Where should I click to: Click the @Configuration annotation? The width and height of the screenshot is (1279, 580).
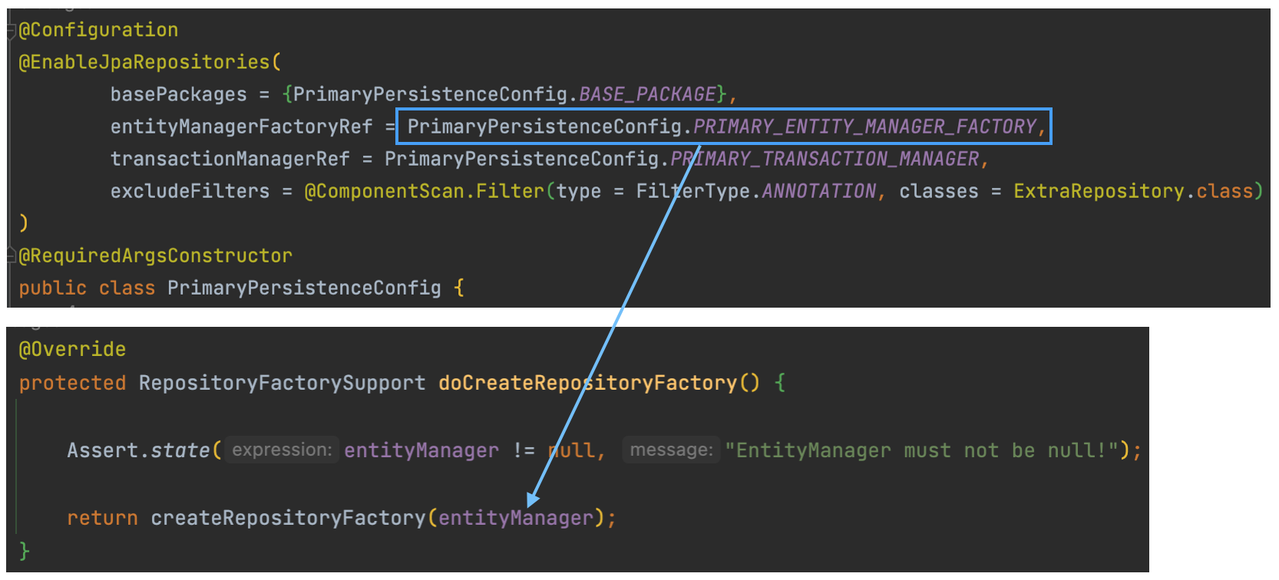[x=98, y=30]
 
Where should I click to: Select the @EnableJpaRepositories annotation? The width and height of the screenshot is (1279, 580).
[x=144, y=62]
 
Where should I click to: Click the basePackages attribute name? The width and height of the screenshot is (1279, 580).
[x=178, y=94]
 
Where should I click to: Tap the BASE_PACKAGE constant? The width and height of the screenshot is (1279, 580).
[x=647, y=94]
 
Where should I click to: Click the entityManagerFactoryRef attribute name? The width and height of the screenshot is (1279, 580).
[x=241, y=127]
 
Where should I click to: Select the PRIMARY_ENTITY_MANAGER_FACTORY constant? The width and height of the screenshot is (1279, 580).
[x=865, y=127]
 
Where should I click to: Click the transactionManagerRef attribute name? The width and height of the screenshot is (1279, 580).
[x=230, y=159]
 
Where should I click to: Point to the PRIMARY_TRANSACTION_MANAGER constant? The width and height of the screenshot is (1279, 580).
[x=825, y=159]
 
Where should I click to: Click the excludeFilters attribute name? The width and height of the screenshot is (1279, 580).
[x=190, y=191]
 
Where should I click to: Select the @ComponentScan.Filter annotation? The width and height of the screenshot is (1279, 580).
[x=425, y=191]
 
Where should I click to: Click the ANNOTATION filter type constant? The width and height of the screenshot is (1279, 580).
[x=819, y=191]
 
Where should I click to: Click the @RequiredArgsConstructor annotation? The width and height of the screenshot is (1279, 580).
[x=155, y=255]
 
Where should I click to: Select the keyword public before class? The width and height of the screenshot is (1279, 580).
[x=52, y=288]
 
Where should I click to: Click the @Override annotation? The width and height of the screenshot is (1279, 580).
[x=72, y=350]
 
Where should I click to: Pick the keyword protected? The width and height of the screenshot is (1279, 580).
[x=72, y=383]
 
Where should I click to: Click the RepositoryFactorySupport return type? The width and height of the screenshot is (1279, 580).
[x=282, y=383]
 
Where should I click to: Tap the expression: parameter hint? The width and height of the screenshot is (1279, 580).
[x=282, y=450]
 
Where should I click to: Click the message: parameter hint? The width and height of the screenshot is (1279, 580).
[x=671, y=450]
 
